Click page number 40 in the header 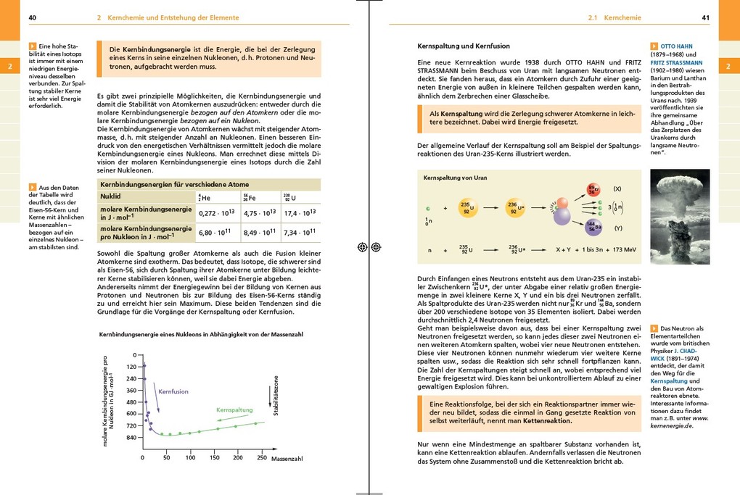[x=33, y=17]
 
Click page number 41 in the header [x=706, y=17]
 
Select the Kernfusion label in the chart [x=173, y=391]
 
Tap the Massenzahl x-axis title [x=287, y=459]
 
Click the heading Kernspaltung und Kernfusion [x=464, y=46]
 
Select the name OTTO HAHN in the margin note [x=676, y=46]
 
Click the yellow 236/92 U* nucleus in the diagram [x=515, y=208]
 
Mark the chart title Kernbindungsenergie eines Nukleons [x=200, y=334]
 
